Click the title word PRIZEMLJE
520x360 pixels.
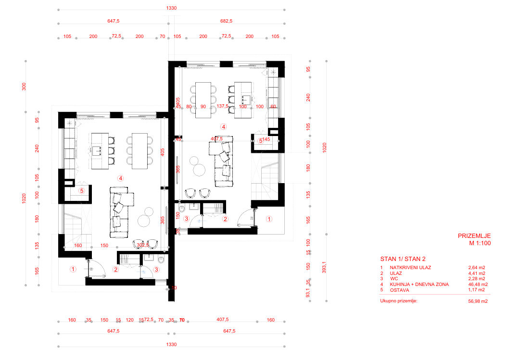click(x=474, y=236)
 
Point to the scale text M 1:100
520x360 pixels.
click(x=480, y=243)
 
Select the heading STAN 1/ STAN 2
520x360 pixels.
click(x=403, y=258)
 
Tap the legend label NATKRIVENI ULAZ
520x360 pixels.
click(x=410, y=267)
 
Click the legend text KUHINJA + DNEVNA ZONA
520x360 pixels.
click(x=419, y=284)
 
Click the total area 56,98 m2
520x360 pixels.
click(x=478, y=301)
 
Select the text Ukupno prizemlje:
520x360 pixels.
click(x=399, y=301)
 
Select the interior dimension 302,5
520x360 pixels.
click(x=143, y=245)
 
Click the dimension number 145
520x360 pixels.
click(x=266, y=140)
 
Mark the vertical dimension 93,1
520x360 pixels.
click(x=308, y=294)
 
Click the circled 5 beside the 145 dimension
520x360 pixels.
click(x=260, y=141)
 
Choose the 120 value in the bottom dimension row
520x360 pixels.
click(x=129, y=320)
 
